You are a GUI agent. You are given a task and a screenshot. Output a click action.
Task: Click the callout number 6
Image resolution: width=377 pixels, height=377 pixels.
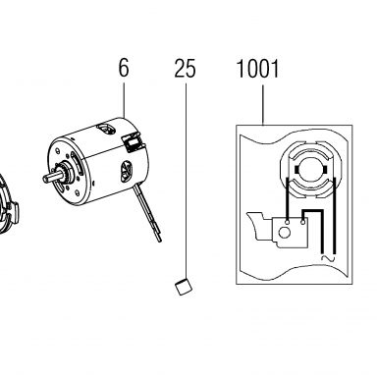point(124,68)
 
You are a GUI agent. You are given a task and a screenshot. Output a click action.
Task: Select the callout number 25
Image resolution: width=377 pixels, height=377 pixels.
point(185,69)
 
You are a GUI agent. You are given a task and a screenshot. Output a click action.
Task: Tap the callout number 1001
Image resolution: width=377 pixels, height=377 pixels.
point(257,69)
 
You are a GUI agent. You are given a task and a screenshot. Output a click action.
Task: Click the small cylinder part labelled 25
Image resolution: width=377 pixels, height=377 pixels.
point(184,287)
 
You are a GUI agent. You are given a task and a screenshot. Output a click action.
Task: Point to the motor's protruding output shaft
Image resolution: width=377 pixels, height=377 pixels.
point(52,177)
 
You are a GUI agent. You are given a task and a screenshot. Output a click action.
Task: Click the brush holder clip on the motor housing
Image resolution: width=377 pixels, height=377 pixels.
point(133,142)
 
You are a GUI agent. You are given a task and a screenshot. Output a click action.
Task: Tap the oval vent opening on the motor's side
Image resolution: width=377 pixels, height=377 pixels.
point(127,170)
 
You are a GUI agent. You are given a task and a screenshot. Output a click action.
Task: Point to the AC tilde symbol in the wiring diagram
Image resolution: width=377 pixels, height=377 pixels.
point(328,258)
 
